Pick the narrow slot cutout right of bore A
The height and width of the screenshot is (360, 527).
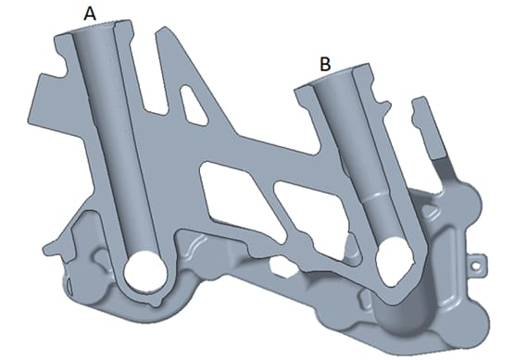tap(194, 105)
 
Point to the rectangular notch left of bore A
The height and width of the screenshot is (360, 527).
tap(62, 65)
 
